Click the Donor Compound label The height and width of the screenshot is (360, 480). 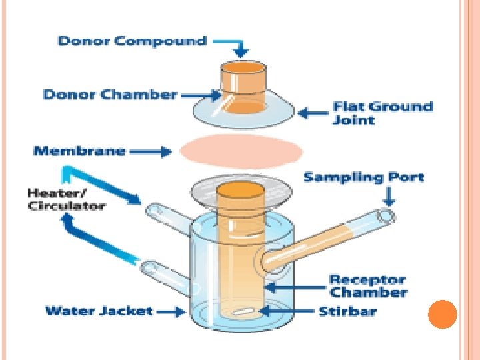(132, 41)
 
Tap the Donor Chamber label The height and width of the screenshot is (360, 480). (110, 94)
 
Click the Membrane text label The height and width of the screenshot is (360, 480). (79, 151)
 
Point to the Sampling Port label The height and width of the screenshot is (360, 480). (363, 177)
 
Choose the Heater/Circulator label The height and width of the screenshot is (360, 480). (66, 199)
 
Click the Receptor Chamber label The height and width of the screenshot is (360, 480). (368, 286)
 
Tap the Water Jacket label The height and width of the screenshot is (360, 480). (99, 311)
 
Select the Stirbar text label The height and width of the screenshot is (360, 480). (347, 311)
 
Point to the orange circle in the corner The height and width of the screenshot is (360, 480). (441, 314)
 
